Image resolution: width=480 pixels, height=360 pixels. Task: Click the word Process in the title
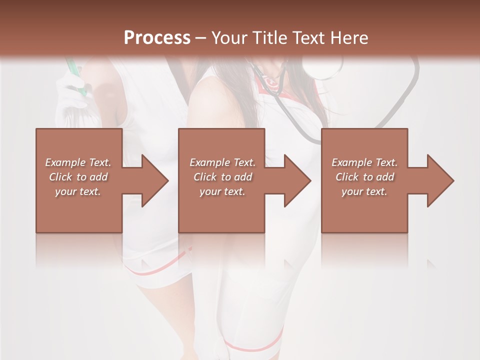tap(157, 38)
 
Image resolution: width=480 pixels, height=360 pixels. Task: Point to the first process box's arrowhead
tap(155, 180)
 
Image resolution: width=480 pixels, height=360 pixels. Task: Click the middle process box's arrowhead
tap(297, 180)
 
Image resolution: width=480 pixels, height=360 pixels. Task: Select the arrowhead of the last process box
tap(440, 180)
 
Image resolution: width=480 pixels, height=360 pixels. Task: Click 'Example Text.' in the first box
tap(78, 162)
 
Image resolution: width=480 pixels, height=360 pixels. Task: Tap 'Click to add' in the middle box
tap(222, 177)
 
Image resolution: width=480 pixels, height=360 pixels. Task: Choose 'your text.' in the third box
tap(364, 191)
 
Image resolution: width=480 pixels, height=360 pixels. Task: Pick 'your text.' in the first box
tap(78, 191)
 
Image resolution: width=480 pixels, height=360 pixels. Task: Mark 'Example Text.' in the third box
tap(364, 162)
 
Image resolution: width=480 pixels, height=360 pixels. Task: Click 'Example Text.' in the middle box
tap(222, 162)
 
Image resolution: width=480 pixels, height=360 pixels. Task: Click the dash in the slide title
tap(200, 38)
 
